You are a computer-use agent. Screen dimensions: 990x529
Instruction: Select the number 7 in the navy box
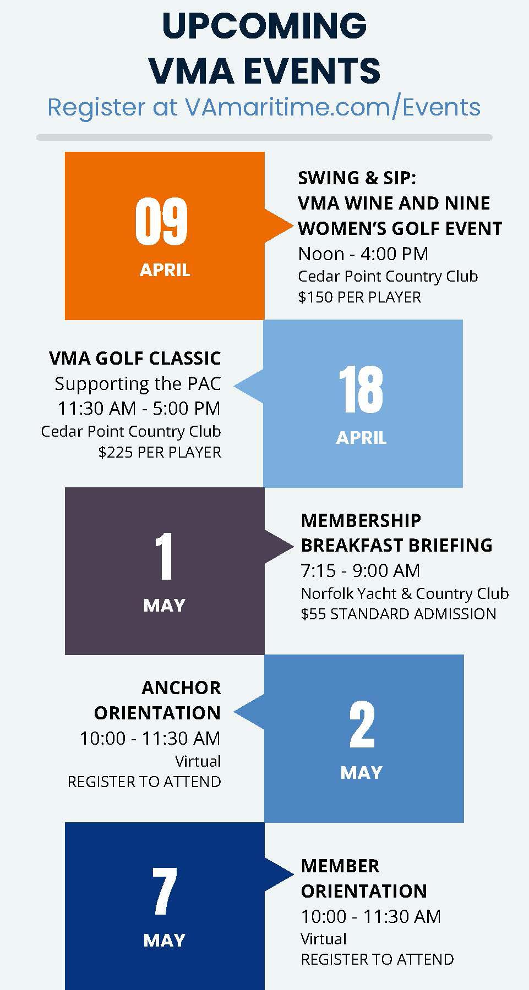tap(164, 891)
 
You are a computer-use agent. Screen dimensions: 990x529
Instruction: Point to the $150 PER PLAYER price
tap(359, 298)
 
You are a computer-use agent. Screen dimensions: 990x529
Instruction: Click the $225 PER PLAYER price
tap(160, 453)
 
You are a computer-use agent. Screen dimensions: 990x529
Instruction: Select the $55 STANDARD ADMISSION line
tap(399, 614)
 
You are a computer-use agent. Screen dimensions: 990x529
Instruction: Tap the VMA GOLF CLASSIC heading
tap(135, 359)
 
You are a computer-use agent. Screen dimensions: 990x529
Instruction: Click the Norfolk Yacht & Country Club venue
tap(405, 593)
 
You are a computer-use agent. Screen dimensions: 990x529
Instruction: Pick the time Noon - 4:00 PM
tap(363, 254)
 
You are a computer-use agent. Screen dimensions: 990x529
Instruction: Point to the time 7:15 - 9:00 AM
tap(361, 571)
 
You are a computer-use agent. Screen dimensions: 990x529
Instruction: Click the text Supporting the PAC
tap(138, 384)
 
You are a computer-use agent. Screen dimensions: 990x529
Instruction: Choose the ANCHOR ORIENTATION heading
tap(157, 700)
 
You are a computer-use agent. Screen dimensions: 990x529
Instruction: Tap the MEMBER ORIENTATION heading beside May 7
tap(364, 878)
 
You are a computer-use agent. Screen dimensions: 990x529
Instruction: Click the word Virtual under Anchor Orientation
tap(198, 761)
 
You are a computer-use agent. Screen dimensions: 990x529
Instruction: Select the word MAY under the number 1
tap(164, 606)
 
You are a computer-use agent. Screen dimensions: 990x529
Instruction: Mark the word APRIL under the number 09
tap(165, 270)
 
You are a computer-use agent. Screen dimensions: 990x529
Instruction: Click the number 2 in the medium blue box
tap(362, 725)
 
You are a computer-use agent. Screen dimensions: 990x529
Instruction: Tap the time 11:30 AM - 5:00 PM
tap(139, 409)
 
